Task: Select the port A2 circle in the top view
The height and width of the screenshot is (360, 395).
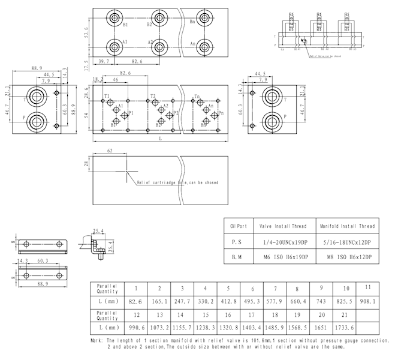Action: (159, 47)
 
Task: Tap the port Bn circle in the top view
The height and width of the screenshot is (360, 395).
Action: (204, 18)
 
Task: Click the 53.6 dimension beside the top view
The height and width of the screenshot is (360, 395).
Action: (86, 32)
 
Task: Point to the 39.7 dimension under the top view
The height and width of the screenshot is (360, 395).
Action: (104, 62)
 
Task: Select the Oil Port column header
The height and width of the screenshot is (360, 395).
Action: (239, 226)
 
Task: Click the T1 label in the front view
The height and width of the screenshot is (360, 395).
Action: (107, 97)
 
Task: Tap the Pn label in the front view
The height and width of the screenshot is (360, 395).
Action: (221, 113)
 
